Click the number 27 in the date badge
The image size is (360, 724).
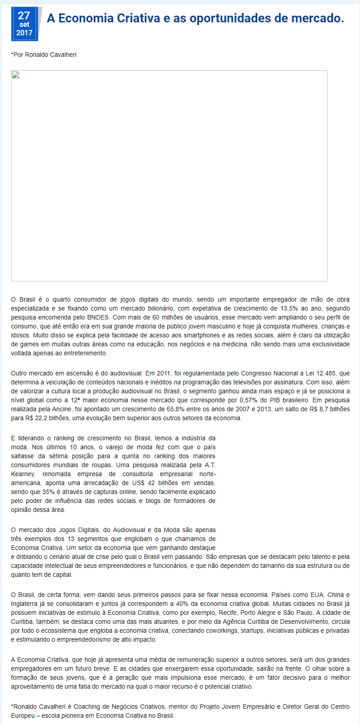pyautogui.click(x=24, y=16)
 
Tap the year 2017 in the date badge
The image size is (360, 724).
pyautogui.click(x=24, y=33)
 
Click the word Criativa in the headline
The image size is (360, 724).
pyautogui.click(x=139, y=18)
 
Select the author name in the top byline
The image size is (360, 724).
pyautogui.click(x=51, y=55)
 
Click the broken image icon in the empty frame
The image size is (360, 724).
pyautogui.click(x=15, y=75)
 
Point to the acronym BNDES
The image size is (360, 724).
pyautogui.click(x=97, y=317)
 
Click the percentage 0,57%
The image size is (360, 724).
pyautogui.click(x=251, y=400)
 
